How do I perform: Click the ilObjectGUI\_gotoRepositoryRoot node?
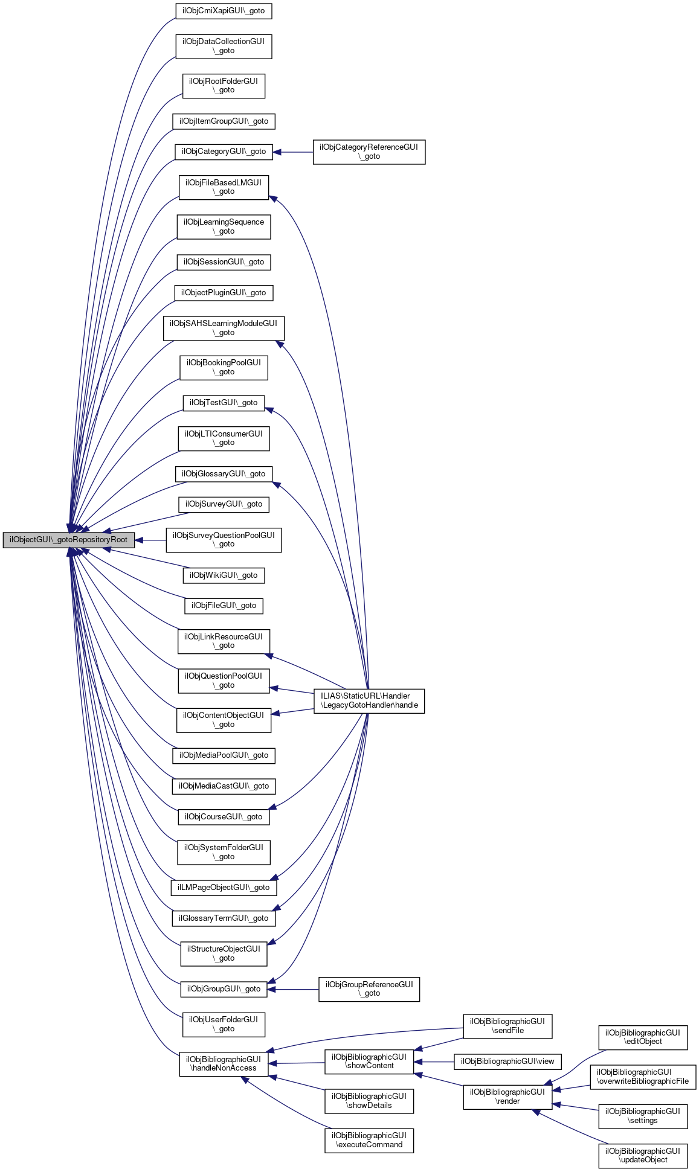click(x=68, y=540)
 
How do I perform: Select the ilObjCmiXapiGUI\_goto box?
click(x=224, y=11)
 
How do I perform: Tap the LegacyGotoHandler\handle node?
click(x=369, y=700)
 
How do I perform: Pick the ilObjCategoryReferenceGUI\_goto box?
click(x=369, y=152)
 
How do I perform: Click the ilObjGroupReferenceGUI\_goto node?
click(x=369, y=989)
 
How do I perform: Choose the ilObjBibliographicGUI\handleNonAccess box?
click(x=224, y=1063)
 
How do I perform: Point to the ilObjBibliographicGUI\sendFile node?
click(x=507, y=1026)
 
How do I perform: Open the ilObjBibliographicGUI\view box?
click(x=507, y=1061)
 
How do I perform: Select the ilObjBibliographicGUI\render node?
click(x=507, y=1097)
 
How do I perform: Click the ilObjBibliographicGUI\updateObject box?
click(x=643, y=1155)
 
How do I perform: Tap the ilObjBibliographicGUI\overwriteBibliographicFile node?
click(x=643, y=1077)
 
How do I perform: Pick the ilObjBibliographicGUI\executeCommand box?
click(x=369, y=1140)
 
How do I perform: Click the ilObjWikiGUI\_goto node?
click(x=224, y=575)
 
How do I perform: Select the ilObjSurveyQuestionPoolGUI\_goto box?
click(x=224, y=540)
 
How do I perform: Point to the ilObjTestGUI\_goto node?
click(x=224, y=403)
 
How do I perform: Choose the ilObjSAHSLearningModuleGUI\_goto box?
click(x=224, y=328)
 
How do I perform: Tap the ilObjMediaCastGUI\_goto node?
click(x=224, y=786)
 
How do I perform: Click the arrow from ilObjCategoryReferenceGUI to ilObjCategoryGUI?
click(x=293, y=152)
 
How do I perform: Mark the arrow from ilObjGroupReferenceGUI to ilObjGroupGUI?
click(x=293, y=989)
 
